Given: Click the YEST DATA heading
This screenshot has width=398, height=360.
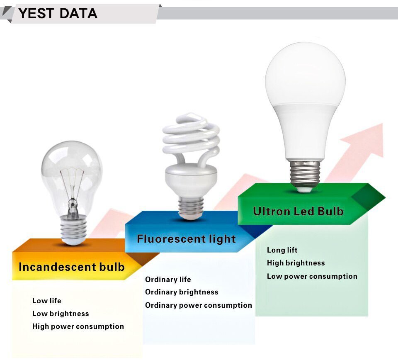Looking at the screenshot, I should point(58,13).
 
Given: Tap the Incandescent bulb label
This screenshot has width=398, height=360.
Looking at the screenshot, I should point(71,267).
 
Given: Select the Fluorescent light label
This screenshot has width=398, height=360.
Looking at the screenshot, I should point(186,239).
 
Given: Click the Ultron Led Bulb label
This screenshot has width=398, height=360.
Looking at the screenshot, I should point(298,211).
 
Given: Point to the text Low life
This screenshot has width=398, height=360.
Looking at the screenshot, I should point(46,301).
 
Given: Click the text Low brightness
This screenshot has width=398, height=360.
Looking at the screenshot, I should point(61,314).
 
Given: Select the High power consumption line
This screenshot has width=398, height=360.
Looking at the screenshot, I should point(78,326).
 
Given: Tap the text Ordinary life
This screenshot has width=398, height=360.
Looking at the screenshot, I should point(168,280).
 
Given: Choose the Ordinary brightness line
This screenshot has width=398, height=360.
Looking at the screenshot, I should point(182,292).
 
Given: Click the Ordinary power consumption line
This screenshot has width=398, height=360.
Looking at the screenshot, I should point(198,305).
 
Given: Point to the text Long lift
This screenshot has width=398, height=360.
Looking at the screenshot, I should point(282,250).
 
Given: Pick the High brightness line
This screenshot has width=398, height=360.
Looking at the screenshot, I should point(296,263).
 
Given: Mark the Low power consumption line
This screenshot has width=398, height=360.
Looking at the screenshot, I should point(312,276).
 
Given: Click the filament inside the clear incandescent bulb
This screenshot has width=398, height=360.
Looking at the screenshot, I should point(72,187).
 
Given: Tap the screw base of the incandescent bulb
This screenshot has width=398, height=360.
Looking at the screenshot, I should point(73,230).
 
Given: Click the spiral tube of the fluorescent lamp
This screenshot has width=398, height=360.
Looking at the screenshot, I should point(191,139).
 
